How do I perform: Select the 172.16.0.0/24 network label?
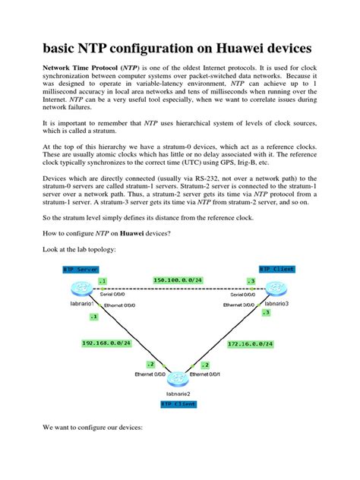pos(251,343)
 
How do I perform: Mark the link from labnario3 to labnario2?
pos(228,334)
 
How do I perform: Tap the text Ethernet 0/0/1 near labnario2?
pos(208,374)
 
